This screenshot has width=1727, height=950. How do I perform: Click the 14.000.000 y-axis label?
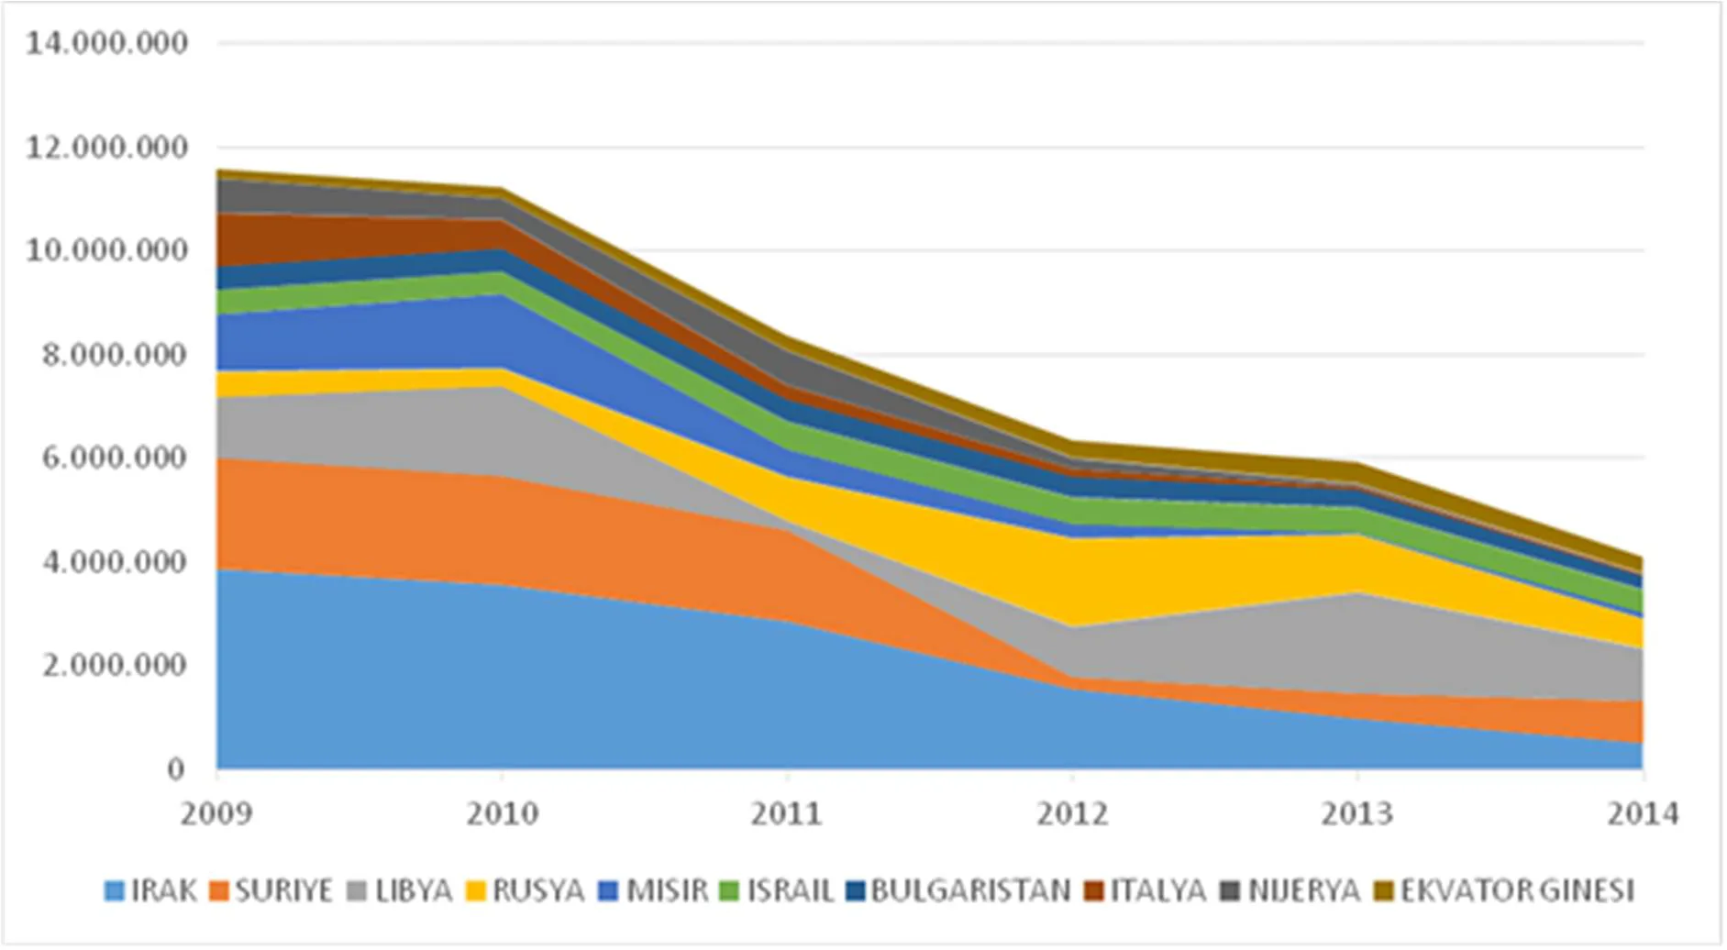pos(106,42)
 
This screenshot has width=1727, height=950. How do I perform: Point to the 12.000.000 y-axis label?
pos(106,147)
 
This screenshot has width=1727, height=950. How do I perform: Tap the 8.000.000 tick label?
pos(115,354)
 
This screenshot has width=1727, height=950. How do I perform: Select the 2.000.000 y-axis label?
pos(115,665)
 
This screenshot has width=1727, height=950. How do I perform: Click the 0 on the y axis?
pos(176,768)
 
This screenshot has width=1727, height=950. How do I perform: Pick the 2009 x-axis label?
pos(216,813)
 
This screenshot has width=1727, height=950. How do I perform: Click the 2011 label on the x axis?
pos(787,813)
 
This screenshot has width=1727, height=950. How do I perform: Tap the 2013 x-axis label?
pos(1357,813)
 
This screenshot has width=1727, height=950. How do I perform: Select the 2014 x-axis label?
pos(1643,813)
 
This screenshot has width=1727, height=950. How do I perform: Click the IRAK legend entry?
pos(151,890)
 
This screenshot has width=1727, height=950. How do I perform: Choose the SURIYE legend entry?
pos(271,890)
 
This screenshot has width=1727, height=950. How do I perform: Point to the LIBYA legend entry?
pos(401,890)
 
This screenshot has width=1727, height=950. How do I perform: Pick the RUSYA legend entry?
pos(526,890)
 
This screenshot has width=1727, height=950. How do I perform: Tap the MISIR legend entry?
pos(654,890)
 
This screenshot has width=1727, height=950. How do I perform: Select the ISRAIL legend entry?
pos(777,890)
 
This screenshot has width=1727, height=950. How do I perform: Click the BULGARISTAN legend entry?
pos(958,890)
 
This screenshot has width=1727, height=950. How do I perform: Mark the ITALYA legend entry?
pos(1146,890)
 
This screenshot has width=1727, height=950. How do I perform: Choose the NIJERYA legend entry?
pos(1291,890)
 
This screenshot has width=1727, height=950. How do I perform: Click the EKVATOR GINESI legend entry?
pos(1505,890)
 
